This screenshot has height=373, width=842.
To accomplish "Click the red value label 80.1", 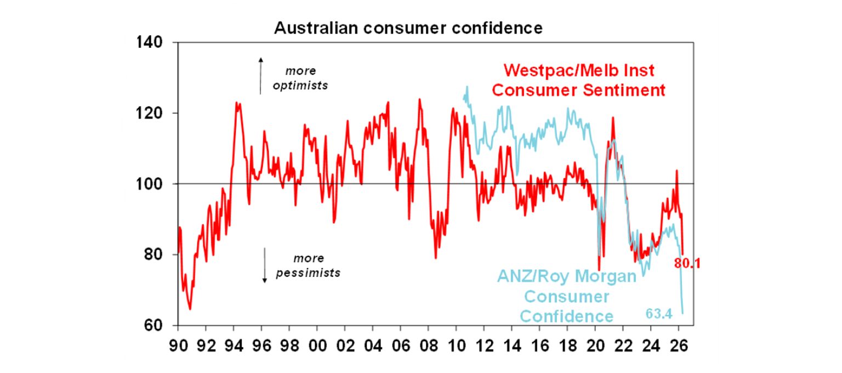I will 687,264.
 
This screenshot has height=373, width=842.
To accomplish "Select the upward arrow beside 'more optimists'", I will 261,75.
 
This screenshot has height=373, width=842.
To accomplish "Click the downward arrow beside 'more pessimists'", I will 264,265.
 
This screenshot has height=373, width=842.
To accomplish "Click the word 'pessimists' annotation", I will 308,273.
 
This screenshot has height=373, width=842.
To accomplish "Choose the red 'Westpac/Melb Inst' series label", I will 579,70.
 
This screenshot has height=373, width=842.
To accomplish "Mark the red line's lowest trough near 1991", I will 190,309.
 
